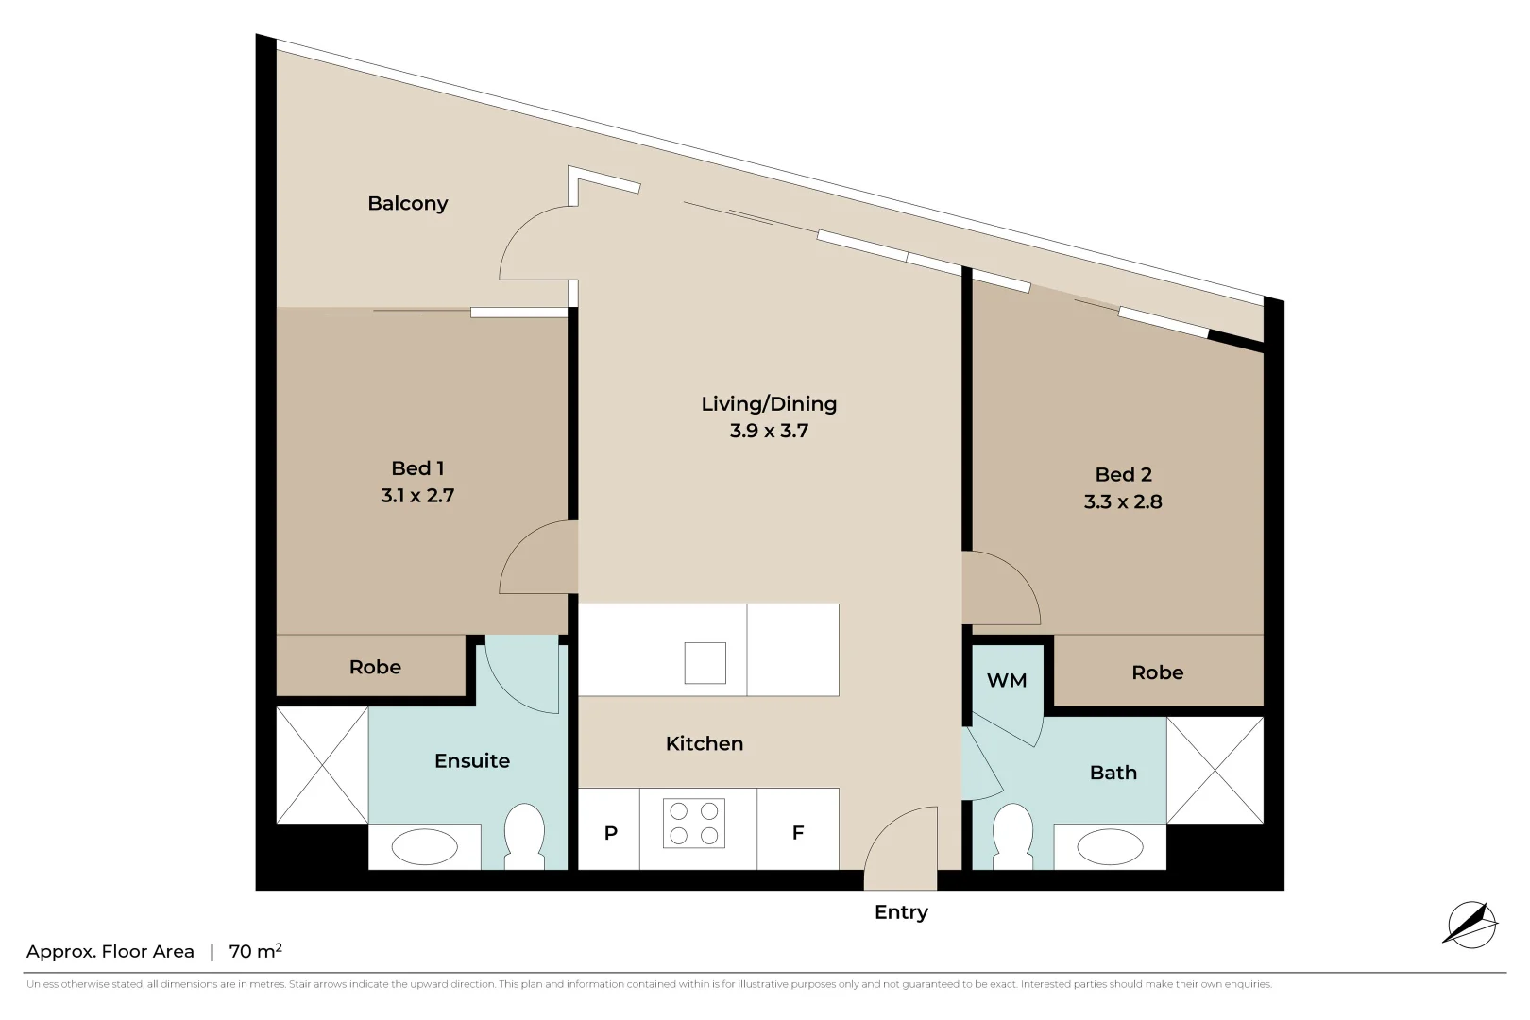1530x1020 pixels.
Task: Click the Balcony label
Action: (407, 203)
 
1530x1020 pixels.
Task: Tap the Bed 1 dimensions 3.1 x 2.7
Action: (417, 496)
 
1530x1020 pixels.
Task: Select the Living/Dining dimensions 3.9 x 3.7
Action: (769, 432)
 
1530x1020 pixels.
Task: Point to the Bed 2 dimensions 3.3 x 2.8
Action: (1123, 502)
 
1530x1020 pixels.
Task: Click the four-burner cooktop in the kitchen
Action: (694, 823)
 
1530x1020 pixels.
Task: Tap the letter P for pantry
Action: (610, 833)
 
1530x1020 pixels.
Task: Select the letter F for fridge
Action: (798, 833)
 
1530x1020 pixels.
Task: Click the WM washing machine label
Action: (1006, 681)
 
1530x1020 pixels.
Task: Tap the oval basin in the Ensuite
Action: (425, 847)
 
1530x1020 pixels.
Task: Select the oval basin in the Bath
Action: (1110, 847)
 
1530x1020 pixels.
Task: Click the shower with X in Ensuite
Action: (322, 765)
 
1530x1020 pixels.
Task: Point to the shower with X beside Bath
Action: (1215, 770)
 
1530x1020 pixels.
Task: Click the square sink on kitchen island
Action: (705, 663)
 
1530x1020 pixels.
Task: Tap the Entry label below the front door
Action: (901, 912)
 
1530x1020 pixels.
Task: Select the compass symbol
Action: (1470, 925)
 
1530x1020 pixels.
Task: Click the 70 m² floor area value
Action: (255, 951)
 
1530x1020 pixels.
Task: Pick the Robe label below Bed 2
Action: (1157, 672)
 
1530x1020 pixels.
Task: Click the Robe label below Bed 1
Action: (375, 667)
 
